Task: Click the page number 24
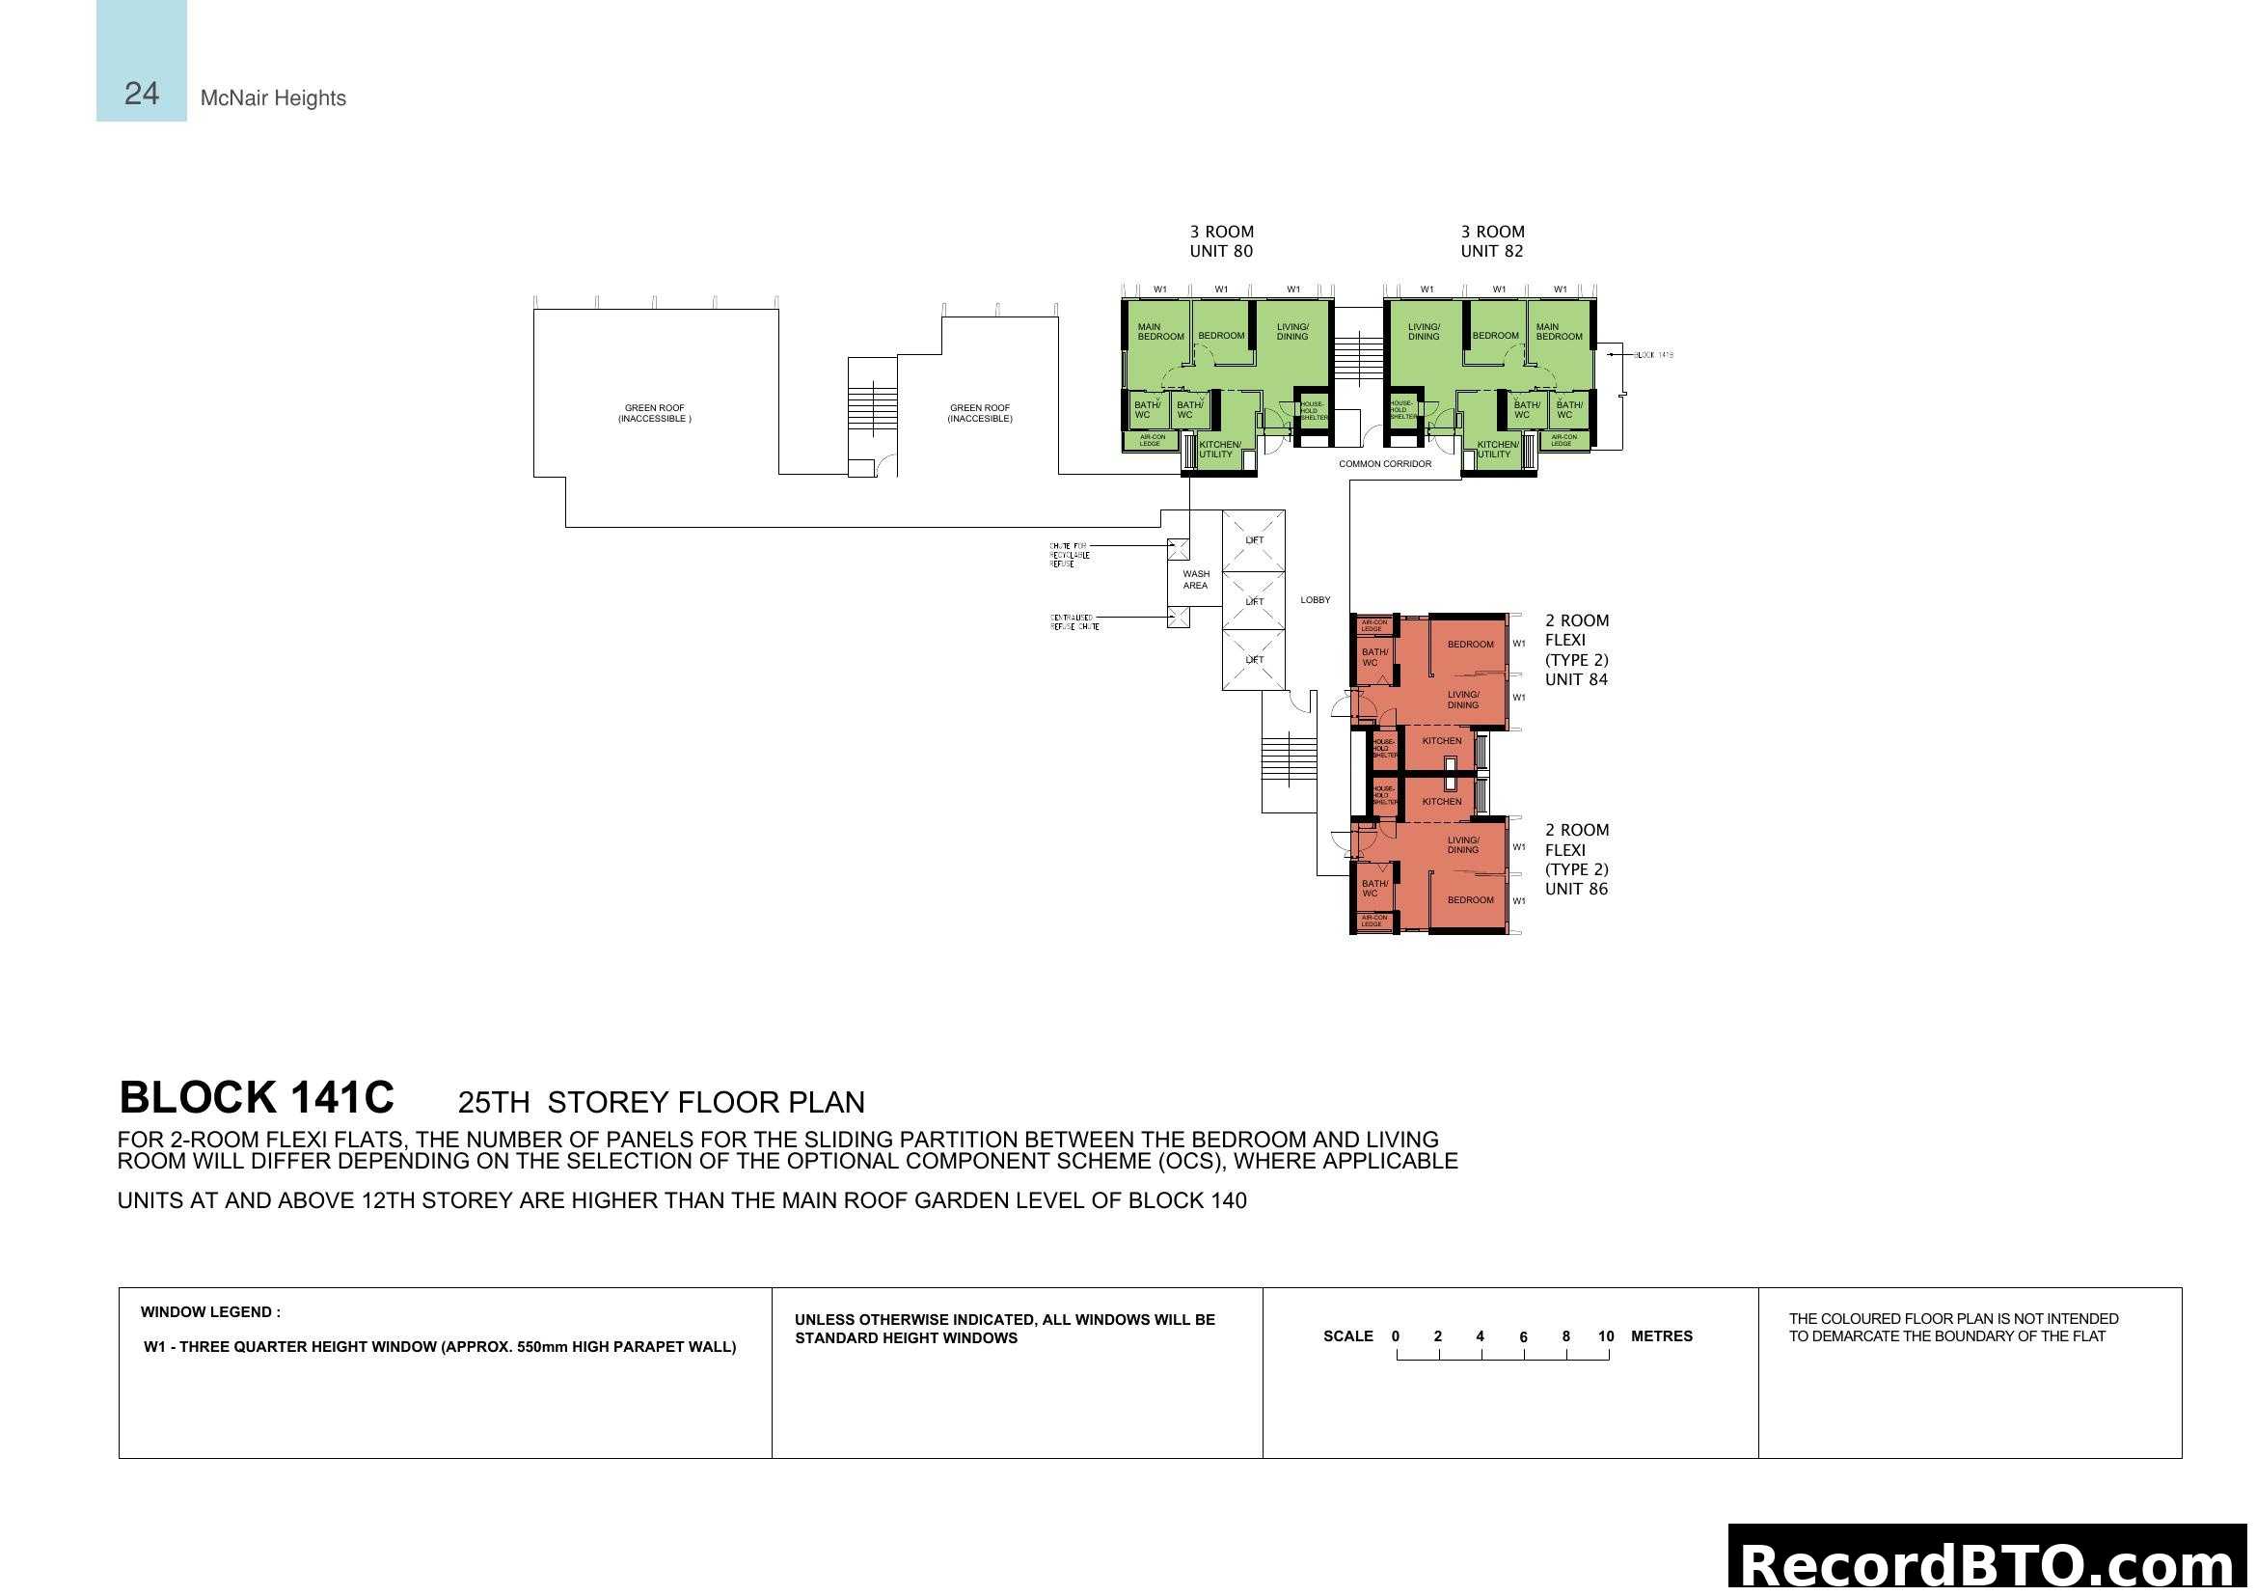point(142,94)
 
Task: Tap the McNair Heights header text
point(273,98)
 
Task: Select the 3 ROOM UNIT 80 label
point(1221,241)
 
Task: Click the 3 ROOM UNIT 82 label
point(1491,241)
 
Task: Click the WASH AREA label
point(1196,580)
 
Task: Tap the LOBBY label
point(1315,599)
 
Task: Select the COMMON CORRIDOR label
point(1384,464)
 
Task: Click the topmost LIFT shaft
point(1254,539)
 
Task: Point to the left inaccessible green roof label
point(654,413)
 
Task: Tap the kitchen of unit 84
point(1441,741)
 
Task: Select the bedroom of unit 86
point(1470,900)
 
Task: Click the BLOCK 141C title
point(257,1098)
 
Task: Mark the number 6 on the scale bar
point(1523,1337)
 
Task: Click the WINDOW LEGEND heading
point(210,1312)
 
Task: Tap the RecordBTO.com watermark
point(1987,1562)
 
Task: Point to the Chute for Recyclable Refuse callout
point(1069,555)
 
